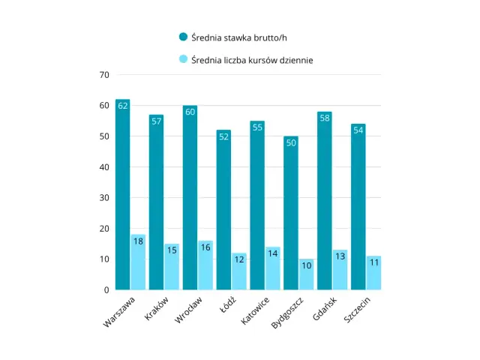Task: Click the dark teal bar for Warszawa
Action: [x=123, y=195]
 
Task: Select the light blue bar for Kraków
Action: [x=172, y=267]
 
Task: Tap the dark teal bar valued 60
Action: [x=190, y=198]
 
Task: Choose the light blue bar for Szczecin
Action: [x=373, y=273]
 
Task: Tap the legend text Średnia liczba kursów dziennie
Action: [x=251, y=60]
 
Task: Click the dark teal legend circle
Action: [x=183, y=37]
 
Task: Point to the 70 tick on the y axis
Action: [x=104, y=75]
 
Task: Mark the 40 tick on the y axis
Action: [x=104, y=167]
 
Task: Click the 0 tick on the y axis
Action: [x=106, y=289]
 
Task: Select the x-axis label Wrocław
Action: [x=188, y=308]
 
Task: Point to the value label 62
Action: [x=123, y=106]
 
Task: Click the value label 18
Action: [x=138, y=241]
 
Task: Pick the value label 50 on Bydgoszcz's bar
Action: [x=290, y=142]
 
